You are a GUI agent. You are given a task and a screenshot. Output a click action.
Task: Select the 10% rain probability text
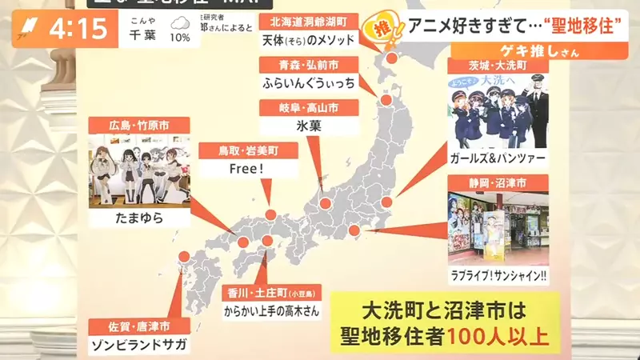[180, 38]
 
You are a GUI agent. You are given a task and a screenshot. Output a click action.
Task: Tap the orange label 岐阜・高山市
[309, 107]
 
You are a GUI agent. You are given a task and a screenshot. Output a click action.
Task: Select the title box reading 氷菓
[309, 125]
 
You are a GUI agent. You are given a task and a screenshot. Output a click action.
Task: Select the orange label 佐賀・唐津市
[138, 326]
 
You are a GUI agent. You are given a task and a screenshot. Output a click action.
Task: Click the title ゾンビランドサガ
[138, 345]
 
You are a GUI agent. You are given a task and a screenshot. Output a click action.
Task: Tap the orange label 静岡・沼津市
[498, 183]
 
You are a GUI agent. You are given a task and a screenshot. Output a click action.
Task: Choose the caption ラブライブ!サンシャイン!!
[498, 277]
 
